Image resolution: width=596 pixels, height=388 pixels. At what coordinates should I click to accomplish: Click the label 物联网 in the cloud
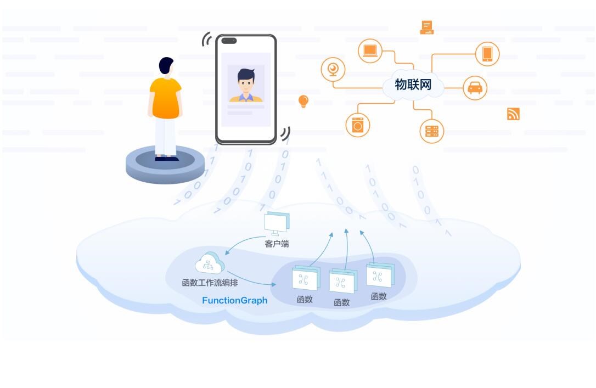click(413, 85)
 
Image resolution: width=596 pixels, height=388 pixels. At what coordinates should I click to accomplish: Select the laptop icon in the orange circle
click(370, 51)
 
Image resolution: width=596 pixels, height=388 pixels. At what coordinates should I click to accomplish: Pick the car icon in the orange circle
click(475, 88)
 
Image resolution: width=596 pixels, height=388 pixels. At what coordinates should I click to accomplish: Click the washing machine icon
click(358, 125)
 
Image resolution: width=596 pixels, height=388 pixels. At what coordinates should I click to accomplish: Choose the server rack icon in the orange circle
click(432, 131)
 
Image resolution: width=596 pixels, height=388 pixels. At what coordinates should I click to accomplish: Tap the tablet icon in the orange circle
click(487, 54)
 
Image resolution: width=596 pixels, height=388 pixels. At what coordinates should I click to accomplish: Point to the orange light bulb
click(303, 102)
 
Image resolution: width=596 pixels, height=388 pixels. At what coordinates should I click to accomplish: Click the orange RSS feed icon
click(513, 114)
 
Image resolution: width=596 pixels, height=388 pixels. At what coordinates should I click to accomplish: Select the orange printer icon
click(427, 27)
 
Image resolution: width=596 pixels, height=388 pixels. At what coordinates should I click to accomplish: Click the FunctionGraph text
click(235, 300)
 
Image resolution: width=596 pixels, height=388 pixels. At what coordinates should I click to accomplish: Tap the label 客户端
click(277, 244)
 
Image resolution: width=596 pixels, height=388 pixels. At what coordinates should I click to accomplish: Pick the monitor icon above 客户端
click(277, 223)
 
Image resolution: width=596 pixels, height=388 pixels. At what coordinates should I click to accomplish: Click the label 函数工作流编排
click(210, 283)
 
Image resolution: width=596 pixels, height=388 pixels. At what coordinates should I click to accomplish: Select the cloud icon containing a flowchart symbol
click(210, 263)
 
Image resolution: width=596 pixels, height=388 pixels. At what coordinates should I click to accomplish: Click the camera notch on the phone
click(229, 41)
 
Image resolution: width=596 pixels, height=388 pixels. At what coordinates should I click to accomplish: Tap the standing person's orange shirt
click(165, 98)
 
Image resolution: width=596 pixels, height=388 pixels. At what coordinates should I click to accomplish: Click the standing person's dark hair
click(166, 65)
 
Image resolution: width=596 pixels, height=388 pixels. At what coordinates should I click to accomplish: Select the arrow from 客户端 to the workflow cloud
click(243, 241)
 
